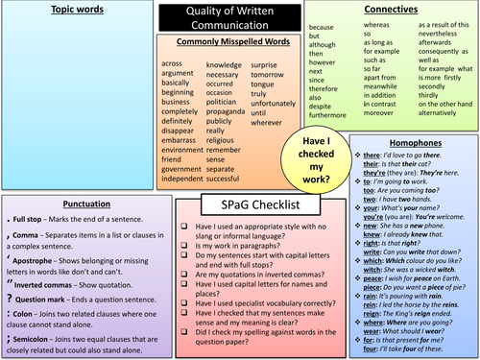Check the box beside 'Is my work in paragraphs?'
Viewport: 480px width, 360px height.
click(x=183, y=246)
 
